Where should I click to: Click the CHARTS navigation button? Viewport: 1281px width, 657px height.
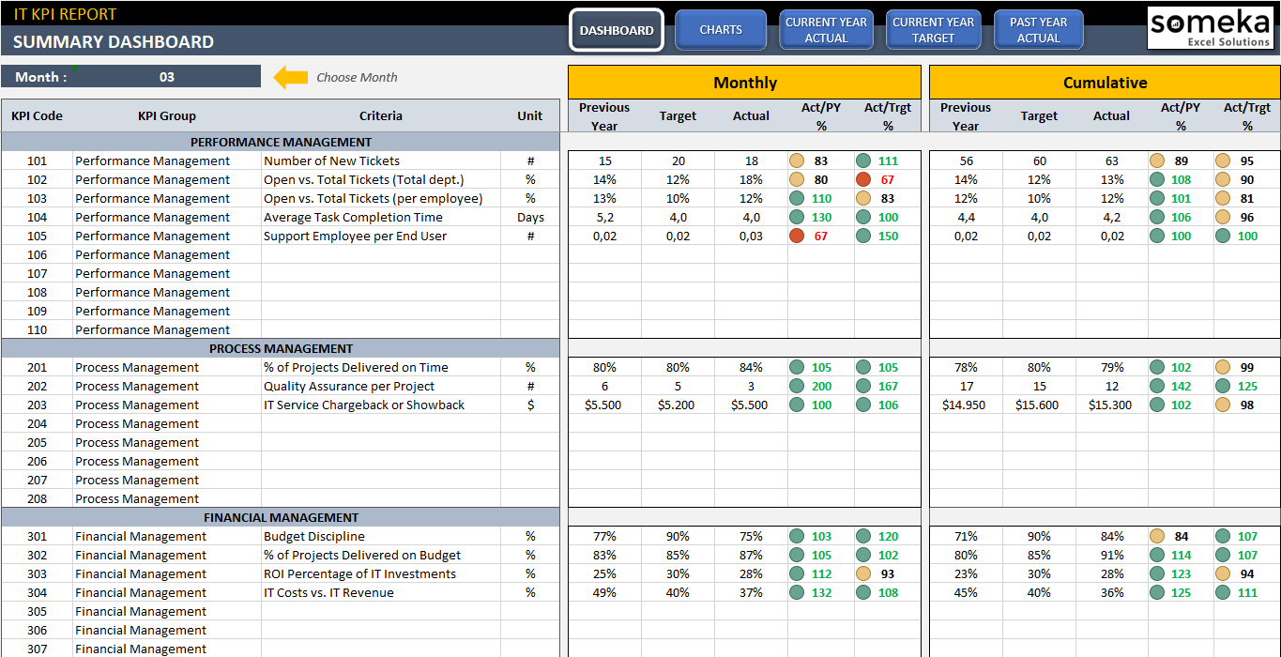click(721, 30)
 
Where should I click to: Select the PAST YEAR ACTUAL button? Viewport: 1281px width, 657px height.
click(1038, 30)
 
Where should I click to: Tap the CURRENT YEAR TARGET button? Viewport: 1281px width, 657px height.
click(933, 30)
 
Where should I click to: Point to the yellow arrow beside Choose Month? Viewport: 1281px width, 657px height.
click(290, 77)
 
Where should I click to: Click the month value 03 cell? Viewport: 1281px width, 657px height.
click(167, 77)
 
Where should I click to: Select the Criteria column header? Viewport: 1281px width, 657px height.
click(380, 116)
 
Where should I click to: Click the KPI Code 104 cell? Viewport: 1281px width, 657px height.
click(37, 217)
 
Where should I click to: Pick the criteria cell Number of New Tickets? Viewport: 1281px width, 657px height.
click(331, 160)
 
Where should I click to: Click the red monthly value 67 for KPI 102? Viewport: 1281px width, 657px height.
click(888, 179)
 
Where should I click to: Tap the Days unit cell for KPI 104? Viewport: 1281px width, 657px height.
click(530, 217)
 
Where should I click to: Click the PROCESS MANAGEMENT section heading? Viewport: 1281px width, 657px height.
click(282, 348)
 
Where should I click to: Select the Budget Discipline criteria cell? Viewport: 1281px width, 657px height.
click(314, 536)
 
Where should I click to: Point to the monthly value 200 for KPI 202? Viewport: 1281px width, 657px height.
click(821, 386)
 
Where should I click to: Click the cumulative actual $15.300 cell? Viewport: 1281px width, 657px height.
click(1111, 405)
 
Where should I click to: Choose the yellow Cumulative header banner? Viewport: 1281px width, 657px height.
click(1105, 83)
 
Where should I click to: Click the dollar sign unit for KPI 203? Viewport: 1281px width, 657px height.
click(530, 405)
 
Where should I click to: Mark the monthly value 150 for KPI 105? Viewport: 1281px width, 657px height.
click(888, 236)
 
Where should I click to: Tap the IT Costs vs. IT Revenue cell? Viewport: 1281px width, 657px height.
click(328, 592)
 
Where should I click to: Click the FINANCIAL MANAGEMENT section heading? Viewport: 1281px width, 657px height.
click(282, 517)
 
